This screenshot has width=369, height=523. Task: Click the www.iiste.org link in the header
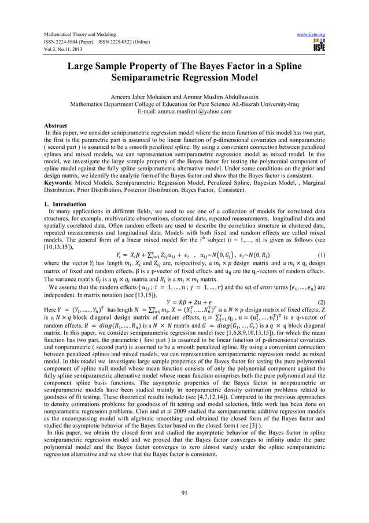pos(311,35)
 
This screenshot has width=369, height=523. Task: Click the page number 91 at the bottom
pos(184,492)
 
